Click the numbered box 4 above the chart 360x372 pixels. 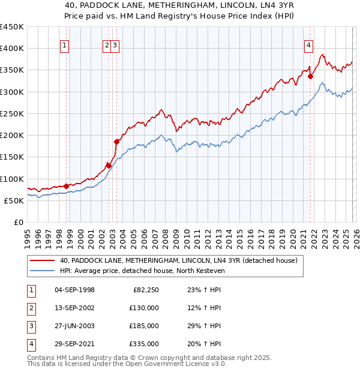(308, 44)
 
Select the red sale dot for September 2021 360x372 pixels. (311, 76)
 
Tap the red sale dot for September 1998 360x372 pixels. (66, 186)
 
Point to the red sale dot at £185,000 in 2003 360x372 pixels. (117, 142)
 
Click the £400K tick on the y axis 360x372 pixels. (12, 49)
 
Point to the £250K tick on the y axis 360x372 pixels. (12, 113)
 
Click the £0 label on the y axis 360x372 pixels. (18, 222)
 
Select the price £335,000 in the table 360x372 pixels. (143, 344)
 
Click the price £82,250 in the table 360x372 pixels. (145, 290)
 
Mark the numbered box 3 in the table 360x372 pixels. (29, 326)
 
